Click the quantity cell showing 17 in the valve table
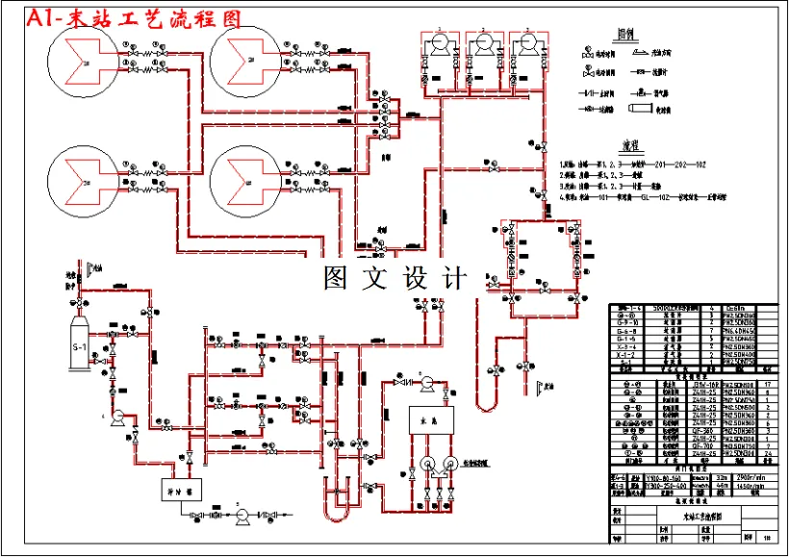click(768, 385)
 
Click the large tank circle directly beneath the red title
click(85, 63)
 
